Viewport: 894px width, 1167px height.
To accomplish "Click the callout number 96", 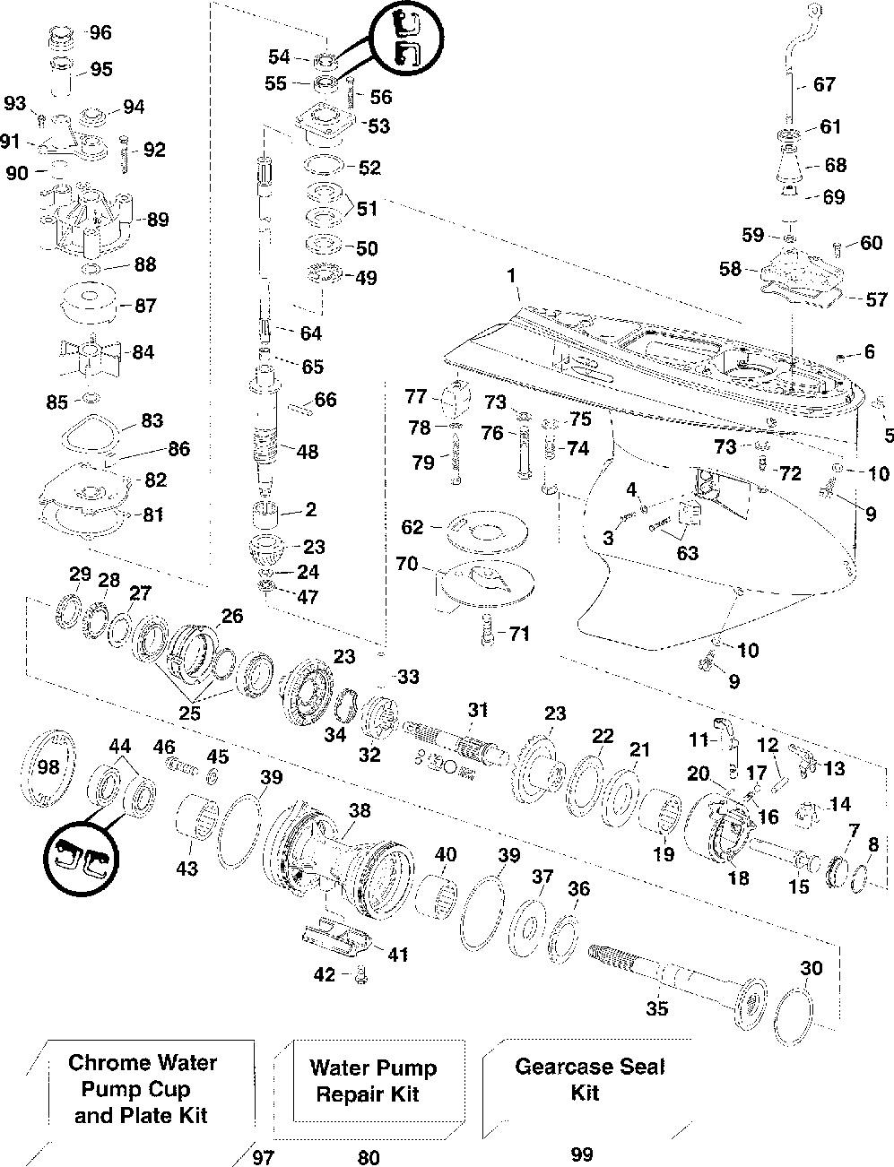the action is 100,33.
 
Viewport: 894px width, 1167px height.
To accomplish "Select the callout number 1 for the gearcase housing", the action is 511,275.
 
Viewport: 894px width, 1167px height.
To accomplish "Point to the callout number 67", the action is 824,84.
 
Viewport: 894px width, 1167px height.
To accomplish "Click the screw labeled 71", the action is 487,629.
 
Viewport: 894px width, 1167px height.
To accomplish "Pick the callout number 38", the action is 360,810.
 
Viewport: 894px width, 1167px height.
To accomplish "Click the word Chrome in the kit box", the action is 103,1062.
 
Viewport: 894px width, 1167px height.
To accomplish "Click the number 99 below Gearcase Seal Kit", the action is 582,1154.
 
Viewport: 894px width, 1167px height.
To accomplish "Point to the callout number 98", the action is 48,766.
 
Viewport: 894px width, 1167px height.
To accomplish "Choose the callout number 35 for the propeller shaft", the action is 656,1008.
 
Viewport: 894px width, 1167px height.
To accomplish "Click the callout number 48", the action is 308,451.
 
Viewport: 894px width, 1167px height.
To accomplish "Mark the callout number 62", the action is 412,527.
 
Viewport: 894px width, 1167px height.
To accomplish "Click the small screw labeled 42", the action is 360,974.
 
